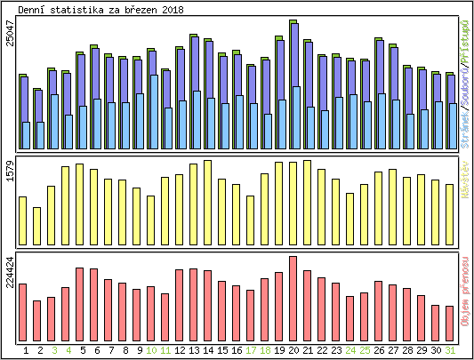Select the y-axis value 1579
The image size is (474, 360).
[10, 172]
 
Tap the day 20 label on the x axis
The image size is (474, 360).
[293, 350]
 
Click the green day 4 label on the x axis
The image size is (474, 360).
[68, 350]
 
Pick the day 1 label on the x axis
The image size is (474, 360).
[26, 350]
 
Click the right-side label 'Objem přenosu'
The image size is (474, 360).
[465, 301]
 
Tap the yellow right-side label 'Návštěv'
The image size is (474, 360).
[465, 180]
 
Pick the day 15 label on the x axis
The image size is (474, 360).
[221, 350]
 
